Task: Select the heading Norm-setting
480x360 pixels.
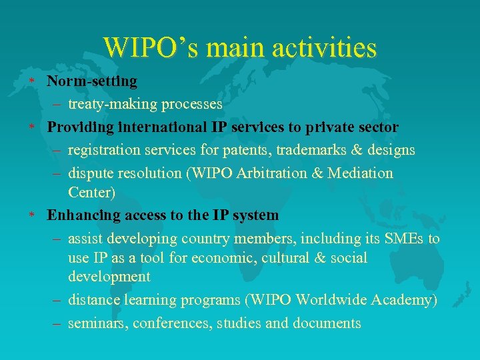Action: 92,81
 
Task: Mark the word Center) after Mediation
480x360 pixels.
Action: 91,193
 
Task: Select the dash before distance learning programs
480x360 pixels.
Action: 57,301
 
